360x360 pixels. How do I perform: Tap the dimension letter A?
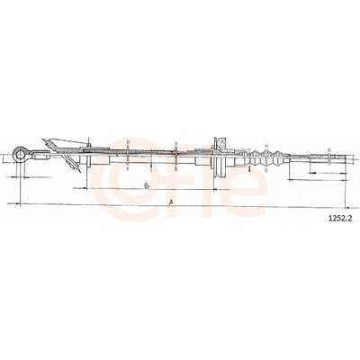[171, 202]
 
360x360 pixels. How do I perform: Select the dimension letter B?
[147, 186]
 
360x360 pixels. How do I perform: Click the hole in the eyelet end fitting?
[21, 155]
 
